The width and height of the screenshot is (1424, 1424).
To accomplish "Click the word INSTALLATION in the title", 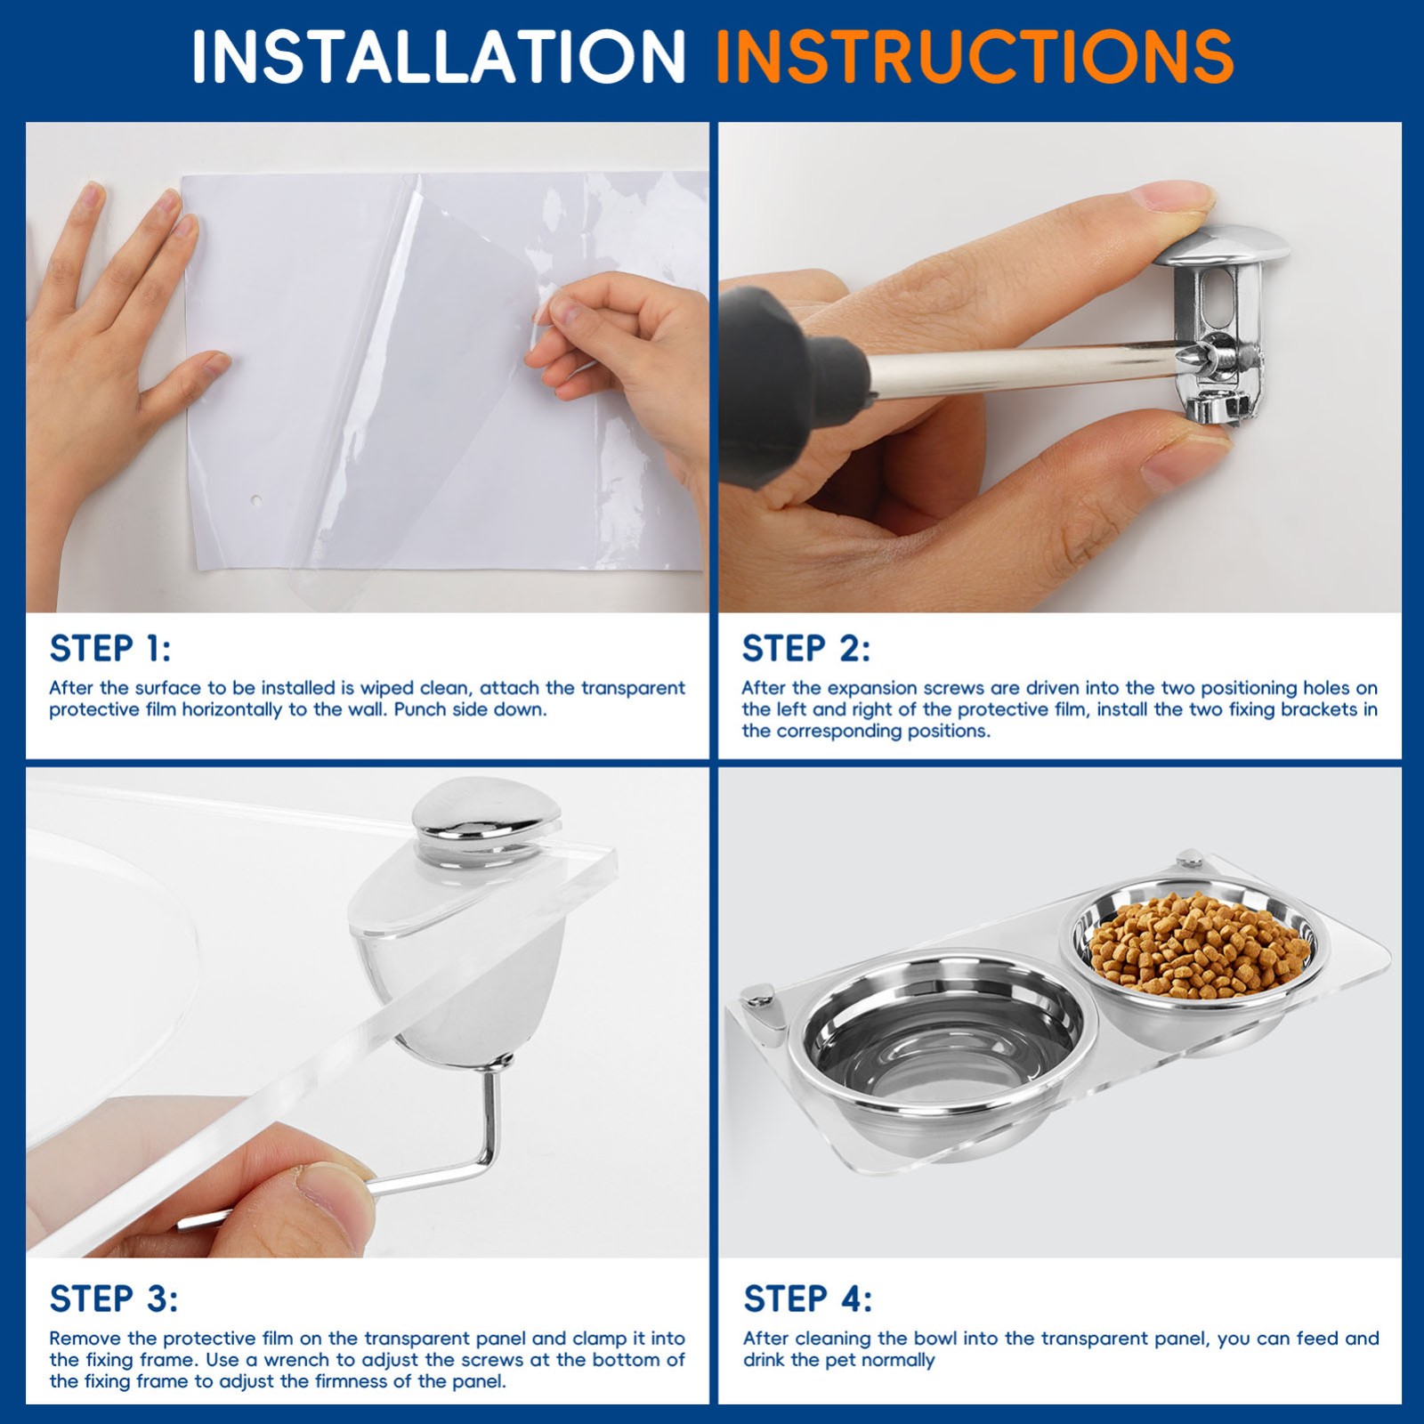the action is [439, 57].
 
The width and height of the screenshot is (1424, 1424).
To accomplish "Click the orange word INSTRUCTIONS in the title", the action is [975, 57].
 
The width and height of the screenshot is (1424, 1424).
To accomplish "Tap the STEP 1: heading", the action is [110, 649].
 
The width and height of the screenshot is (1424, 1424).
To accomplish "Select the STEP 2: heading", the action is [806, 649].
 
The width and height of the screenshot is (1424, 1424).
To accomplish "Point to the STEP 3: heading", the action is [114, 1299].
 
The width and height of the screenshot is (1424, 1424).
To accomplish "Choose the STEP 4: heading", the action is [808, 1299].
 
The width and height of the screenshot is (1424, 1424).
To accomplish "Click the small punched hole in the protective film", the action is [256, 501].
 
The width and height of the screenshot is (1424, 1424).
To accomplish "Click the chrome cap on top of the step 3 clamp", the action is [488, 819].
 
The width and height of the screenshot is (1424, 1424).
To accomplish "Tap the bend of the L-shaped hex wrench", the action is [489, 1157].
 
